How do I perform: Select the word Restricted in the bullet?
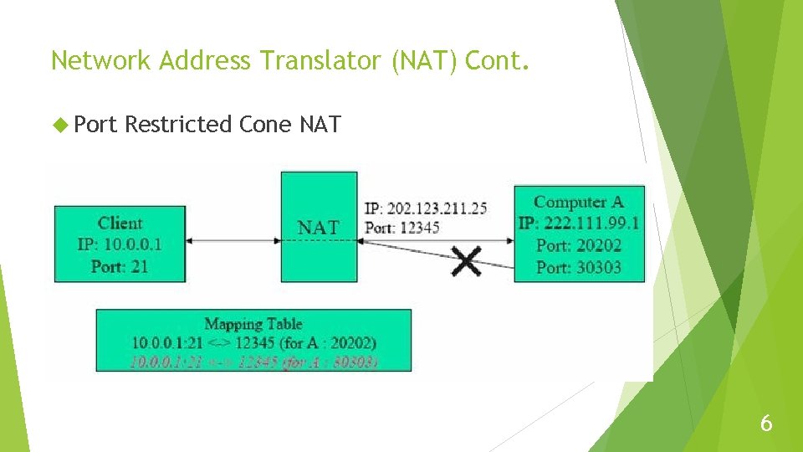(178, 125)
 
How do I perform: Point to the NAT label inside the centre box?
(319, 227)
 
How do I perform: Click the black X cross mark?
(467, 260)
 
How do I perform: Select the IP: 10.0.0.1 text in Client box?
(120, 244)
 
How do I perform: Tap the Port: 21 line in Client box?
(120, 266)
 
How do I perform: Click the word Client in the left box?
(120, 223)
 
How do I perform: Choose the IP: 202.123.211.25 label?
(426, 208)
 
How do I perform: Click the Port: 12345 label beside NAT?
(402, 227)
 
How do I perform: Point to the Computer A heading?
(579, 202)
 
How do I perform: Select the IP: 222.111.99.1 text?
(579, 223)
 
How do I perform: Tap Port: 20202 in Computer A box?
(579, 245)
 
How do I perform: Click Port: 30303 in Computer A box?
(579, 267)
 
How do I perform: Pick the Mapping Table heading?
(253, 324)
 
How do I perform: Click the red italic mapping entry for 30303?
(253, 362)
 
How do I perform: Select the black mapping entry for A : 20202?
(253, 342)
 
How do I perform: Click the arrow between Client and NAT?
(233, 240)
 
